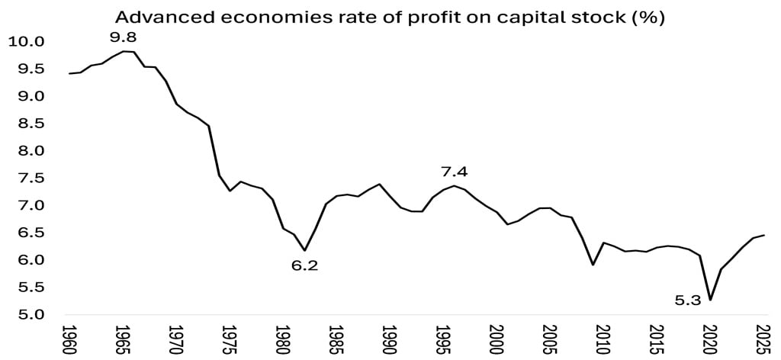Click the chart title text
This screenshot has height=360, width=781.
[x=390, y=18]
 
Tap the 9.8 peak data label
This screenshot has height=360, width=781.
[x=123, y=36]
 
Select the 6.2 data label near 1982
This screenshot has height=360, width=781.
[x=304, y=266]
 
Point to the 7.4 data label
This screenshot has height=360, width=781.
[x=454, y=171]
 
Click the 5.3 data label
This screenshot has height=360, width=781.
[x=687, y=301]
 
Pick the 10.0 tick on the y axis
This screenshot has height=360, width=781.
[x=26, y=41]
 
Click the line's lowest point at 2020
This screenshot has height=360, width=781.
[x=711, y=300]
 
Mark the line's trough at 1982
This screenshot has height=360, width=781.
[x=304, y=250]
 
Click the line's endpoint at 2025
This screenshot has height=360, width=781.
[x=764, y=235]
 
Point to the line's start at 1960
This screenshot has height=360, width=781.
[x=69, y=74]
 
